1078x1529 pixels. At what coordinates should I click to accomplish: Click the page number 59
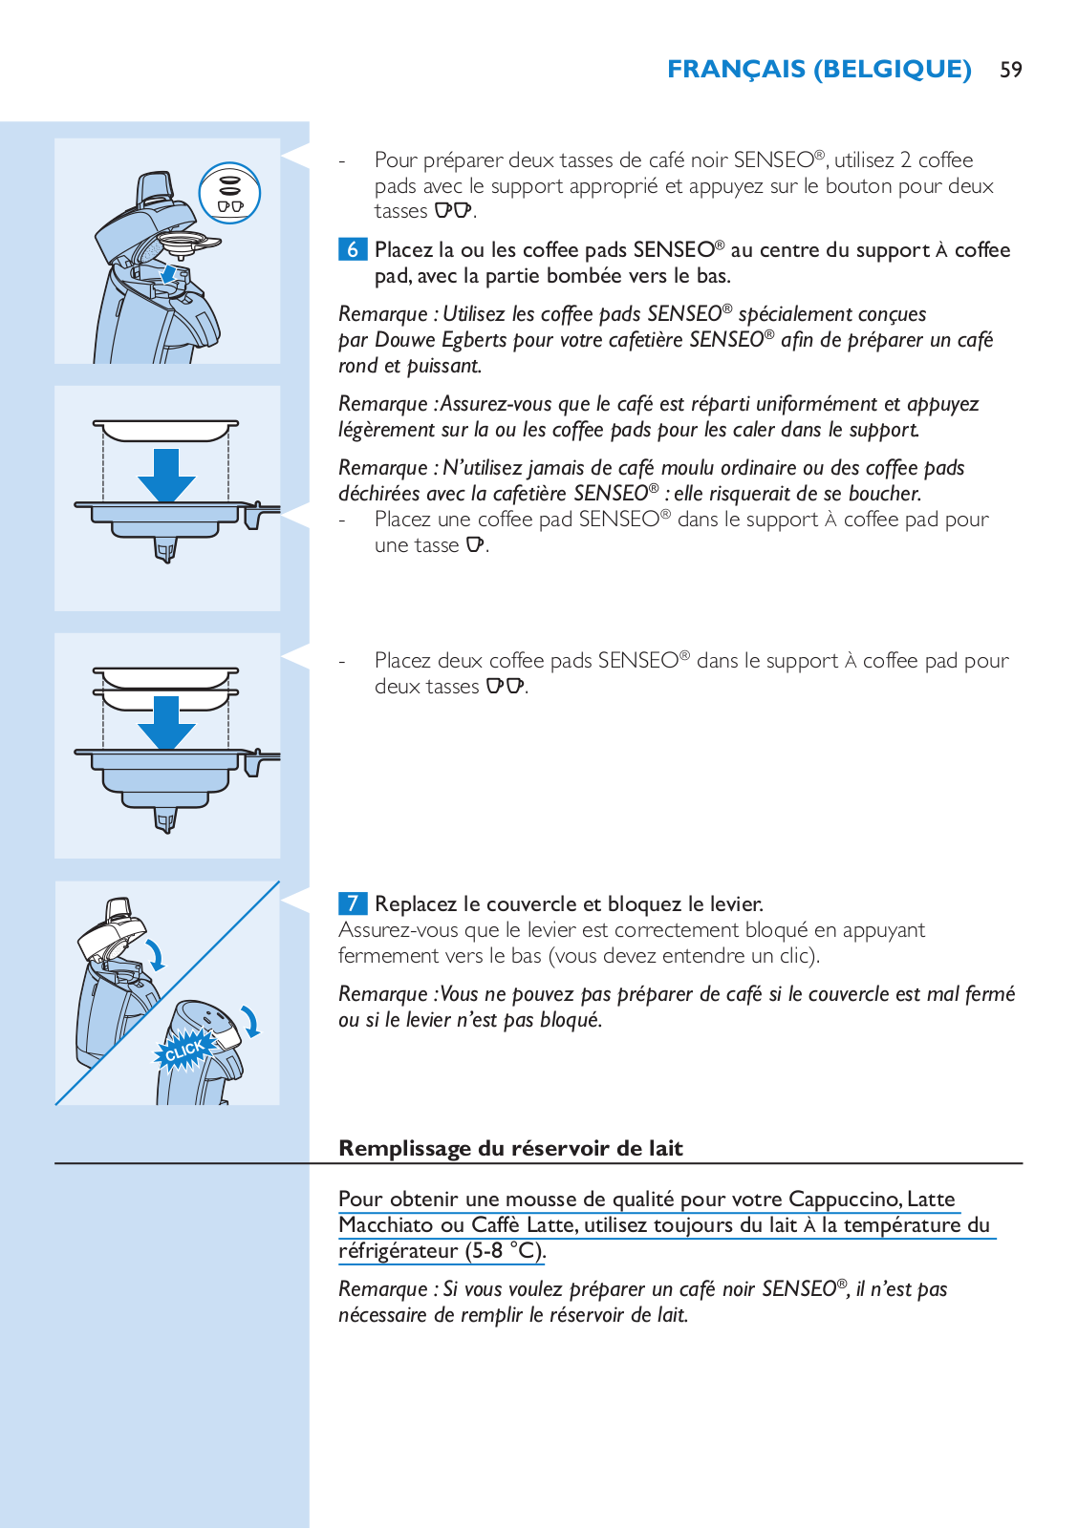point(1011,70)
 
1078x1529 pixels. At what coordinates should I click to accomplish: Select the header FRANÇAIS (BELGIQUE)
point(819,70)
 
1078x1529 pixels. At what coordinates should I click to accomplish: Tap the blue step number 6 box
point(352,249)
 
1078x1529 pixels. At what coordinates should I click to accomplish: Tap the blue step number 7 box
point(352,903)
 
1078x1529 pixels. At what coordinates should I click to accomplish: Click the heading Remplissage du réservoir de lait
point(510,1148)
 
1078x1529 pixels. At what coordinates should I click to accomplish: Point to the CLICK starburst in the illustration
point(183,1050)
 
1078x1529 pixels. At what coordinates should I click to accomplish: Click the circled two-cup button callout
point(229,193)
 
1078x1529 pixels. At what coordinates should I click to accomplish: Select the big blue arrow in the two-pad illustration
point(166,723)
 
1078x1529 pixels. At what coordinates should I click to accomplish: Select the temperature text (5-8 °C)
point(506,1251)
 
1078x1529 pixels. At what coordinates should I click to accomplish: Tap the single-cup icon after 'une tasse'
point(475,545)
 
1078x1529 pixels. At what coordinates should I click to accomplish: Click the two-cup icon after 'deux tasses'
point(506,687)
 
